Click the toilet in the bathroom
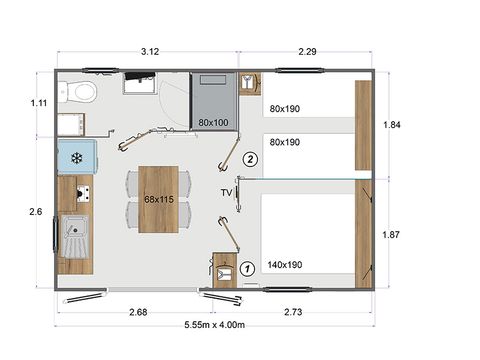coord(81,93)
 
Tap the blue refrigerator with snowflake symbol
coord(76,157)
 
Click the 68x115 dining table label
coord(158,199)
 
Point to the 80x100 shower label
coord(214,123)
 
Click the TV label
coord(227,192)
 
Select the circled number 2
coord(251,158)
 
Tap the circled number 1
coord(246,268)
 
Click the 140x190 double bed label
coord(288,265)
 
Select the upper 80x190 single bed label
coord(285,109)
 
